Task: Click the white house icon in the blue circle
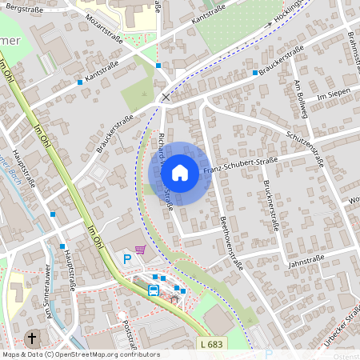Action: [x=180, y=173]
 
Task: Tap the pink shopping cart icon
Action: [x=141, y=250]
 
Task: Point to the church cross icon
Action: [x=33, y=338]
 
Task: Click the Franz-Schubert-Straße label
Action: [x=240, y=165]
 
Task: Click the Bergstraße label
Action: [x=23, y=7]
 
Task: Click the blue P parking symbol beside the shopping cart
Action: [x=126, y=258]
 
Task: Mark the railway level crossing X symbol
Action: [x=166, y=98]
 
